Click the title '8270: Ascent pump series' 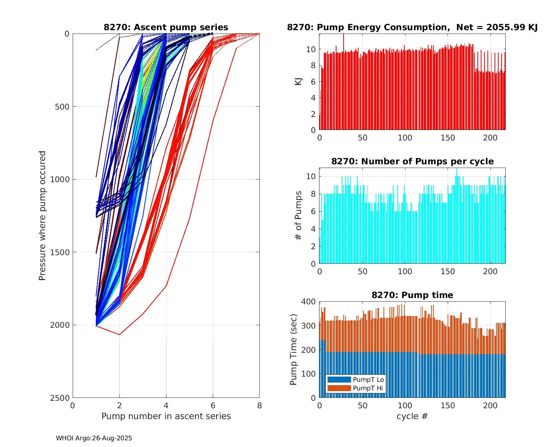point(166,27)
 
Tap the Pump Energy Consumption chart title point(412,27)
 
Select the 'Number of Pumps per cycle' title point(412,161)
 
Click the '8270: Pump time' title point(412,295)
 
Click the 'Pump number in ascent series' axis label point(166,416)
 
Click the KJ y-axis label point(298,82)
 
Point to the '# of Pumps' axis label point(298,215)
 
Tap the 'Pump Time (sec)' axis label point(294,349)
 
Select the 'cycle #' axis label point(412,416)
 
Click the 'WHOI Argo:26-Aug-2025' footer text point(94,438)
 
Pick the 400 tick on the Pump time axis point(310,301)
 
